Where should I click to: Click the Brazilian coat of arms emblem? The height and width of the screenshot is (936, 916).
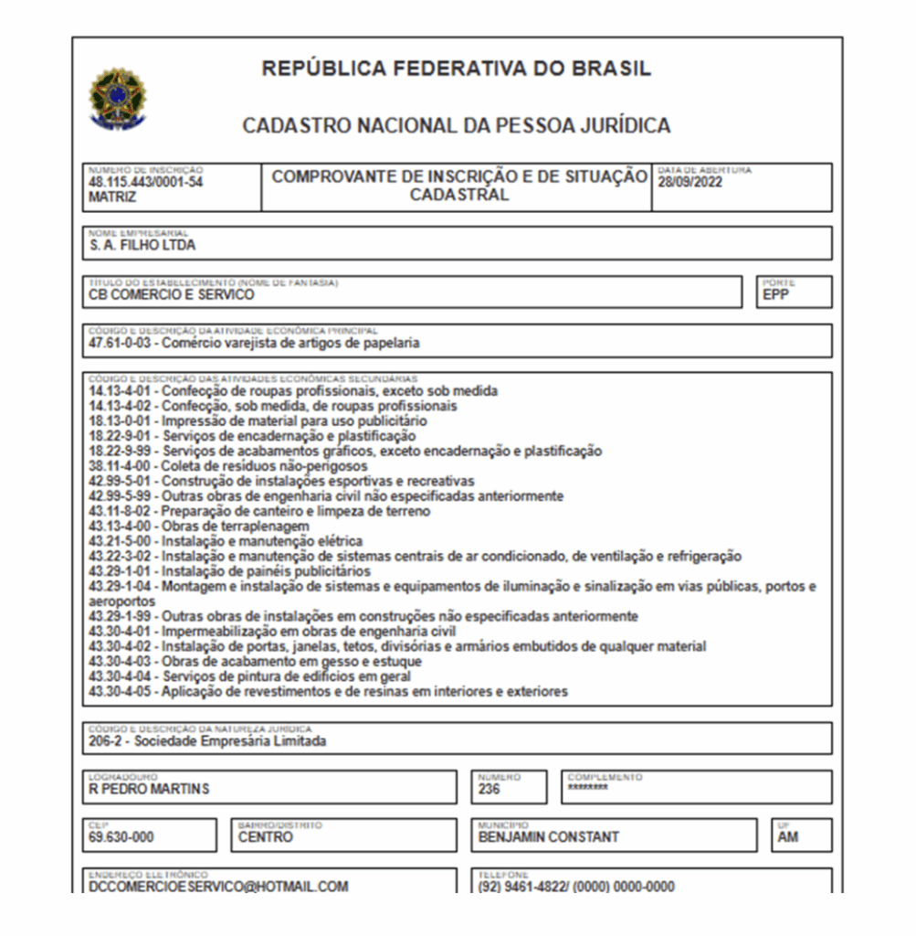[x=117, y=97]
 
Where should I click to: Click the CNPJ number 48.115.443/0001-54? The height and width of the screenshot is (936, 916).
[x=145, y=182]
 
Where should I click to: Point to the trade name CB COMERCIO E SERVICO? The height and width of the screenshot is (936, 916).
[x=172, y=294]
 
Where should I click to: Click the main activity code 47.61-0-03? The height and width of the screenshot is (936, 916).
[x=121, y=344]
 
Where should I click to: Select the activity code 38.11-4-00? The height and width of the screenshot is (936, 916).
[x=121, y=466]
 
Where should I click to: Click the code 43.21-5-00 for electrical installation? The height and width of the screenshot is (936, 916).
[x=121, y=541]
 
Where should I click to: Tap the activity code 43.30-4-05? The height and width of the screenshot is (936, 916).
[x=121, y=692]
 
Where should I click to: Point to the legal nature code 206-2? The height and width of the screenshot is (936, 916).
[x=107, y=741]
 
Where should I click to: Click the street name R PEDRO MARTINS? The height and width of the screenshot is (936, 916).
[x=149, y=789]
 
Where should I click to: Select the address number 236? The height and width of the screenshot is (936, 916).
[x=490, y=789]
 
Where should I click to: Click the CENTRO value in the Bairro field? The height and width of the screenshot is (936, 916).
[x=266, y=837]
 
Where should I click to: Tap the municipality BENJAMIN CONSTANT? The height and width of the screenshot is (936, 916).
[x=548, y=837]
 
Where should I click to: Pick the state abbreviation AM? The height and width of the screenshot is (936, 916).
[x=788, y=837]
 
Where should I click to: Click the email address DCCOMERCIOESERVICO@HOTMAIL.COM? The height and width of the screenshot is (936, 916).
[x=218, y=887]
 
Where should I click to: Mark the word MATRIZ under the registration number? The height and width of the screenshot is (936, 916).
[x=112, y=196]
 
